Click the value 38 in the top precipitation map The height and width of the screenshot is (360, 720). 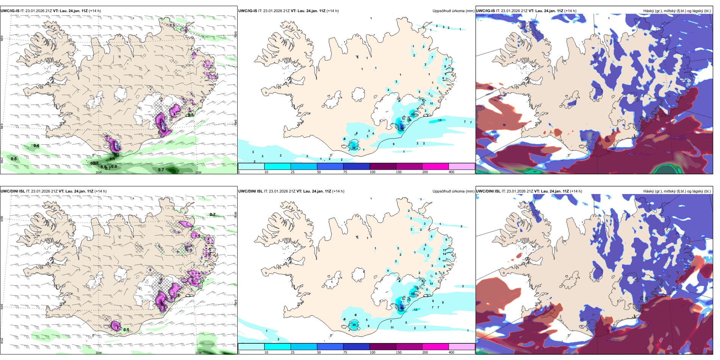354,148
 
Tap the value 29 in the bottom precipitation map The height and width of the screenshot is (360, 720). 354,325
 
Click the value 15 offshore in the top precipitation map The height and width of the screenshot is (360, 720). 440,120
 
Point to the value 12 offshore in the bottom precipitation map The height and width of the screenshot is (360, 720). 416,310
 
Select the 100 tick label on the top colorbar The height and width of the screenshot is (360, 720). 373,172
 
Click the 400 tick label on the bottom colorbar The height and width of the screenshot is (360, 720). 451,352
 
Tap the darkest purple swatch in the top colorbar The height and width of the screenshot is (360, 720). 383,166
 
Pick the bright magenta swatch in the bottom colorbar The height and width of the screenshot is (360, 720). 435,347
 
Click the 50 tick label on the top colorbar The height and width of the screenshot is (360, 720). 319,172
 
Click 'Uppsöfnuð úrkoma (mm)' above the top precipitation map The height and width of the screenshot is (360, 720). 453,11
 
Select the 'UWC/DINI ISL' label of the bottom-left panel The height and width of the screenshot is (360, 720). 13,191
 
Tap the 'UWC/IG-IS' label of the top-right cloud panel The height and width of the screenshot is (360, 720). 485,11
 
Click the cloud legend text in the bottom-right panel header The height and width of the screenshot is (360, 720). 677,191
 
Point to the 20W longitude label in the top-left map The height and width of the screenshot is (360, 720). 99,172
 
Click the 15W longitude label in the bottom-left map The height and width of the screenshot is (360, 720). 198,353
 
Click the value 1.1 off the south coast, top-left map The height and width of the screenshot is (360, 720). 112,159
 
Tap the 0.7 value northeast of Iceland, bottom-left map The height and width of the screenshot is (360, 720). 213,214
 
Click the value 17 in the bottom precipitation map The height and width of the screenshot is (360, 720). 431,284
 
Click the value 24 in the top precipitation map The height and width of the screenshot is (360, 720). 410,120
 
